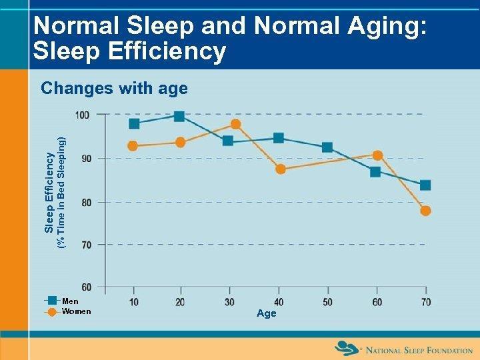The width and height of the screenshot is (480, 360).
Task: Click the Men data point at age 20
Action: (x=179, y=116)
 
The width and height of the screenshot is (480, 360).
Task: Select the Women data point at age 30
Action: (x=235, y=124)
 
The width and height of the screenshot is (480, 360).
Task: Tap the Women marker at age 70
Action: (x=425, y=211)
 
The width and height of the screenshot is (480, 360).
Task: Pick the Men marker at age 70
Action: (x=425, y=185)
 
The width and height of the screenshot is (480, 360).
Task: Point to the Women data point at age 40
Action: (x=280, y=169)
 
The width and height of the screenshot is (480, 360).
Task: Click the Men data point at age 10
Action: (x=134, y=123)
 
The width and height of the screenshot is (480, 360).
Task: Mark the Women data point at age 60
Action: (x=377, y=155)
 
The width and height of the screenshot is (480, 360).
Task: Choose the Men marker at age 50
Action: (x=327, y=147)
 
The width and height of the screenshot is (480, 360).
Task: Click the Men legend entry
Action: (x=70, y=301)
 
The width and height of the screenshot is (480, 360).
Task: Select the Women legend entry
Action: (x=75, y=311)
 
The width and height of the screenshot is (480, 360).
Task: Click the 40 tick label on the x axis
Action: (x=278, y=302)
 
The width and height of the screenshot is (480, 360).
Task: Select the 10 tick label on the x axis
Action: (x=134, y=302)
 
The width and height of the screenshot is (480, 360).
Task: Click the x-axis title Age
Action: (x=266, y=313)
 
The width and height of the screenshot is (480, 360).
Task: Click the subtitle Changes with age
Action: (x=114, y=88)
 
